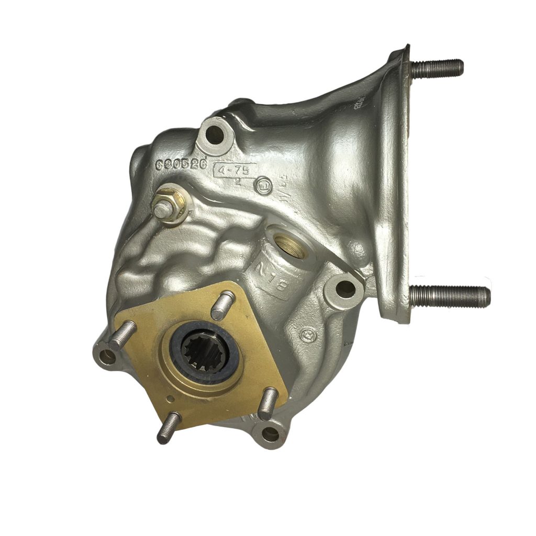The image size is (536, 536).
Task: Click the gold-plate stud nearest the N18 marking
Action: click(x=223, y=305)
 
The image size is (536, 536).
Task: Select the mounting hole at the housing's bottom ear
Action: click(x=270, y=433)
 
